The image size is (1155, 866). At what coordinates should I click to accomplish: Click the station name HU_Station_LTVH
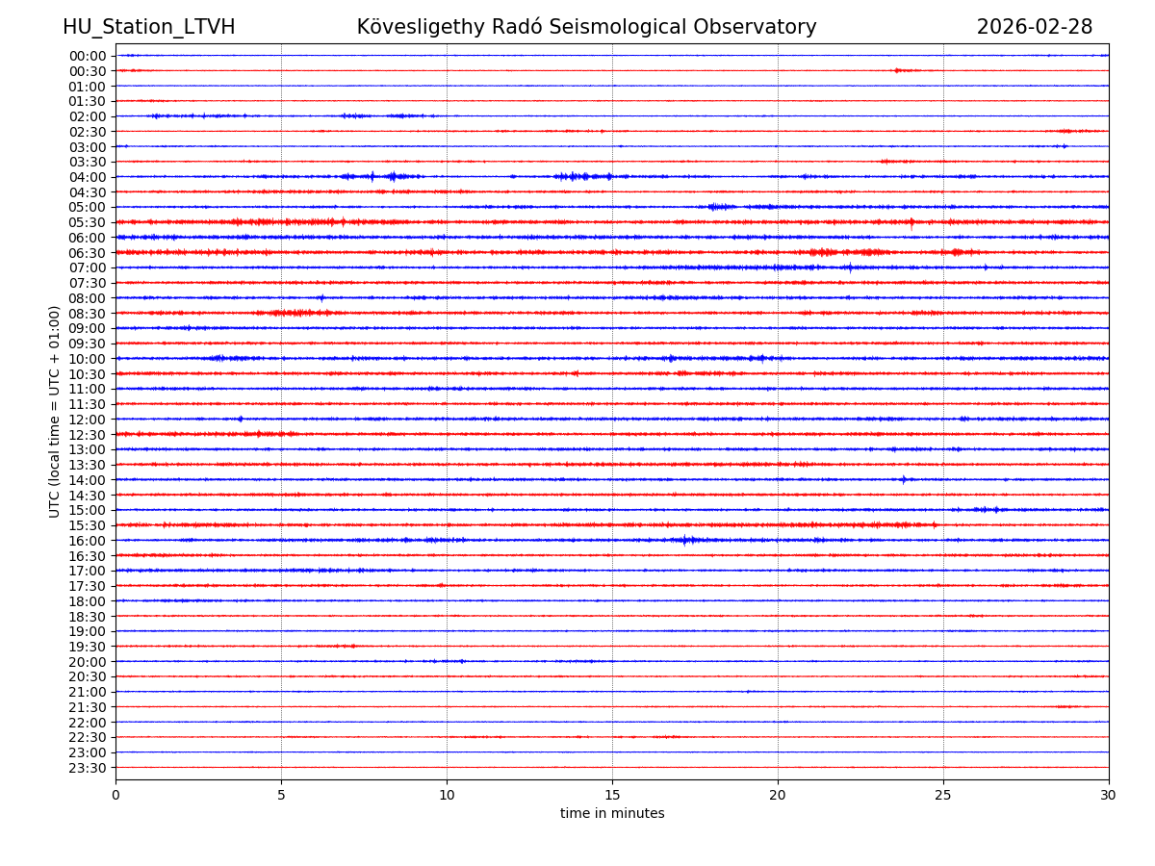point(148,27)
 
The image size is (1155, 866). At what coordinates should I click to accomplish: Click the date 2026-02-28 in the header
point(1035,27)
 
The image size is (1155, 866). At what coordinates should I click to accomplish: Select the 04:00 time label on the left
point(88,177)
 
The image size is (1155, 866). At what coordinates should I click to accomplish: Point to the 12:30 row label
point(88,435)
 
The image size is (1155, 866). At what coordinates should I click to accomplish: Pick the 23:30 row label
point(88,768)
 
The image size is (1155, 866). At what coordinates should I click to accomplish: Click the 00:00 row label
point(88,56)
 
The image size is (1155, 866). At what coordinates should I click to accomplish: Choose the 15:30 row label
point(88,525)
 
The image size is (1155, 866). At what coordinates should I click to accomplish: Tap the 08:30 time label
point(88,314)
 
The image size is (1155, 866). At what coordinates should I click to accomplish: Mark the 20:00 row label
point(88,662)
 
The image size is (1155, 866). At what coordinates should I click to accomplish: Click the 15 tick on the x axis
point(612,796)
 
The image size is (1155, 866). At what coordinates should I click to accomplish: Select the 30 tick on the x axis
point(1109,796)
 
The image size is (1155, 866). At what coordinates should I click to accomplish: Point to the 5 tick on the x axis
point(281,796)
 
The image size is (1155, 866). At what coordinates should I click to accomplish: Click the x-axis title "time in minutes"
point(612,814)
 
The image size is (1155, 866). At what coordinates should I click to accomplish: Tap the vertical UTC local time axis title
point(55,412)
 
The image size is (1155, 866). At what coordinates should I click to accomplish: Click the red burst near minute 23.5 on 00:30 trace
point(898,70)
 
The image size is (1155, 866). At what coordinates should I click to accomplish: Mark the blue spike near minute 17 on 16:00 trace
point(685,540)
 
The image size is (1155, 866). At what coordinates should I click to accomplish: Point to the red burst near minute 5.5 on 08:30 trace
point(298,313)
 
